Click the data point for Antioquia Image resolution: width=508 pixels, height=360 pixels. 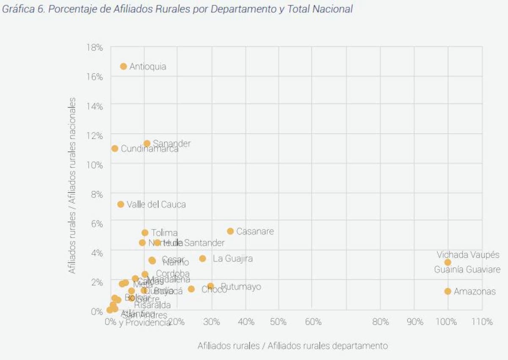coord(123,66)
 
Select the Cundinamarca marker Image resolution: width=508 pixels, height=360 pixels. coord(115,149)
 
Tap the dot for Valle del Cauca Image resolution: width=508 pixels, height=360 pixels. coord(121,204)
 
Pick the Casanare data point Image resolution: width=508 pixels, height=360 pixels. coord(230,231)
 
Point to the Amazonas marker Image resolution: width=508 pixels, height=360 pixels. coord(448,291)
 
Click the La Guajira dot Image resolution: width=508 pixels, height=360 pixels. coord(203,258)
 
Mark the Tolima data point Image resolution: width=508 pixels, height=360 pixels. coord(145,233)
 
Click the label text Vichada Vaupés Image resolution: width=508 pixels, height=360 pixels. coord(468,255)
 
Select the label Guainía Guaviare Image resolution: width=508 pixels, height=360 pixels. coord(467,269)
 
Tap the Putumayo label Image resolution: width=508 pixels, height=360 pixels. coord(241,287)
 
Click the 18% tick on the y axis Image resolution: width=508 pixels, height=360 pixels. coord(94,47)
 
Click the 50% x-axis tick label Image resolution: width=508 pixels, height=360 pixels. coord(278,322)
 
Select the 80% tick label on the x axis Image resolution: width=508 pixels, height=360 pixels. coord(380,322)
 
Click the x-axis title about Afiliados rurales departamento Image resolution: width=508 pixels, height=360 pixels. coord(293,346)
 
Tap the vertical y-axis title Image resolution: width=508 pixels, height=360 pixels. coord(72,186)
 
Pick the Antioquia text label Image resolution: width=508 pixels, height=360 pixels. coord(148,66)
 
